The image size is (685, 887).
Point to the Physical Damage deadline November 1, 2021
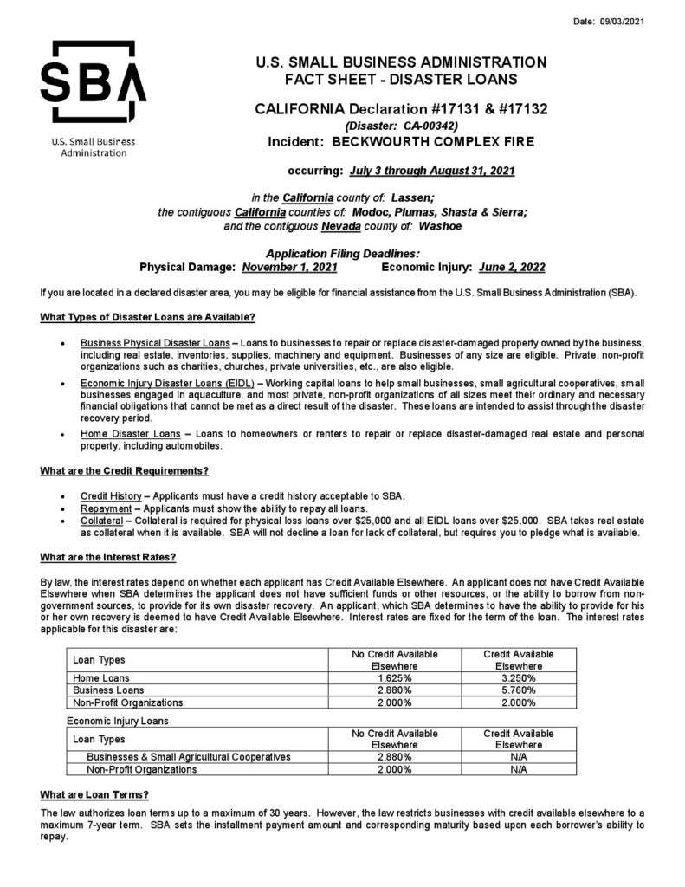pos(289,267)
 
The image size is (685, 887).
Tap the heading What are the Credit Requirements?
pos(125,470)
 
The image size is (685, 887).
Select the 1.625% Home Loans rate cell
pos(395,678)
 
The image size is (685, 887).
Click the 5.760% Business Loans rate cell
pos(519,690)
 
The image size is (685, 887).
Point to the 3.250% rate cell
pos(519,678)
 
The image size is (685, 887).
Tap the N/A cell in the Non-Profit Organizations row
pos(519,769)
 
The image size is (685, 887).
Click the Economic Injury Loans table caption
pos(117,720)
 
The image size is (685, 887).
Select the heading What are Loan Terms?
pos(95,793)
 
